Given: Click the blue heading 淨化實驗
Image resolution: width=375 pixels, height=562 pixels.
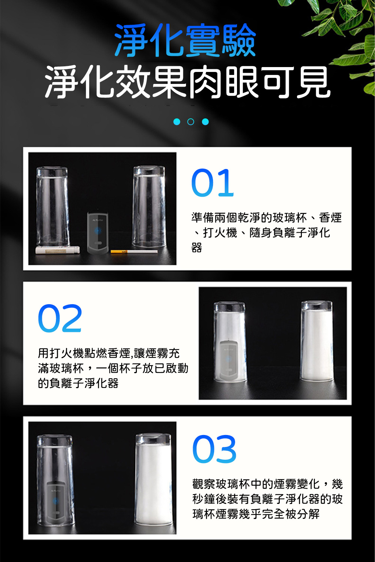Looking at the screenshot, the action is (185, 40).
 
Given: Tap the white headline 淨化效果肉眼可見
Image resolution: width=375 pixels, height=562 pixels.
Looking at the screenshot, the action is (187, 82).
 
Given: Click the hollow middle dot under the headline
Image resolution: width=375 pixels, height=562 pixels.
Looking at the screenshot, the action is (190, 122).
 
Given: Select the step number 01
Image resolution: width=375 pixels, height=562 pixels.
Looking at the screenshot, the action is (213, 182).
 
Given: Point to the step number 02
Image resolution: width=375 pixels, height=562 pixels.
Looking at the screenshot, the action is (60, 318).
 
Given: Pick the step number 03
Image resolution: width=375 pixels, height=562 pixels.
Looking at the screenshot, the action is (214, 449).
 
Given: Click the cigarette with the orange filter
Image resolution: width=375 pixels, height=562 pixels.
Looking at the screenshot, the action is (134, 251).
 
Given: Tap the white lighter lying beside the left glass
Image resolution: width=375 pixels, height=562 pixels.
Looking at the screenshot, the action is (57, 250).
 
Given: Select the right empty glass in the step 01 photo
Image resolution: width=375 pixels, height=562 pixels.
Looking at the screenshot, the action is (149, 207).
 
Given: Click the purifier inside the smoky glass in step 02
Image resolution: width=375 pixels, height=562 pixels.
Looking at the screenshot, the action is (228, 360).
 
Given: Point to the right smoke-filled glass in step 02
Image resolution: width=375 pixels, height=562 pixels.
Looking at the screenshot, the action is (317, 341).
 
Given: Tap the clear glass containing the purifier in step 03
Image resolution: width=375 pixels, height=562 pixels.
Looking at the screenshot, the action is (55, 480).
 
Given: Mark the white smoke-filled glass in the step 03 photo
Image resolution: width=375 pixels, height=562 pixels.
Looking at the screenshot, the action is (154, 479).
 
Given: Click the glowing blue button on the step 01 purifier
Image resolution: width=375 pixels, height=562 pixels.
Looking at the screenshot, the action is (98, 230).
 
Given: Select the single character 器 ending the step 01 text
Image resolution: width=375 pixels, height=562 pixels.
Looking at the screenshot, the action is (196, 248).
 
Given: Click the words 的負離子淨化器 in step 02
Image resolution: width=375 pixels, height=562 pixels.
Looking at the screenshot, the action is (78, 383).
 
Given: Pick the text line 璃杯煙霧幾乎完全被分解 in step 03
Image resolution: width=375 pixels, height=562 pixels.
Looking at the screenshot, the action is (256, 514).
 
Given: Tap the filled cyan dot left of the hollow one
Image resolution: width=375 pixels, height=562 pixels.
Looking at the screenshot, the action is (177, 122).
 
